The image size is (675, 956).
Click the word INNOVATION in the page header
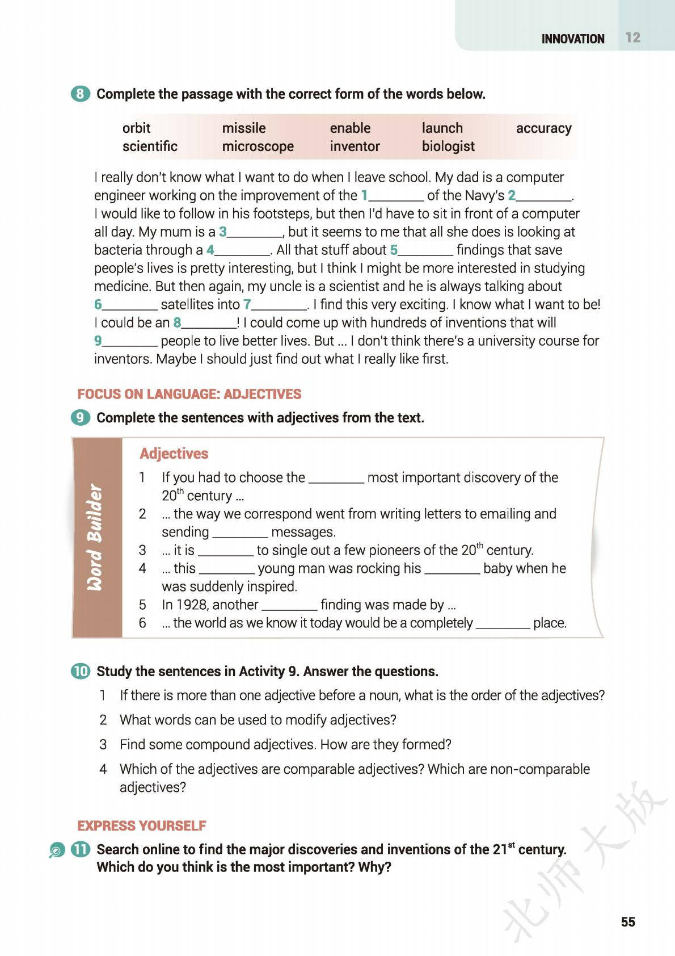[x=572, y=39]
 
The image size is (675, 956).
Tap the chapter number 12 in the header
[x=632, y=37]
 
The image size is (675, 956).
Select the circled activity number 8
[x=81, y=94]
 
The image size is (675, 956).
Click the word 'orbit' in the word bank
[x=136, y=128]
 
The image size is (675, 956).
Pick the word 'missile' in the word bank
[x=243, y=128]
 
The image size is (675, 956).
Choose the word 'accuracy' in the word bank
[x=543, y=128]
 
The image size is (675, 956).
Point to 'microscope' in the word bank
[x=258, y=146]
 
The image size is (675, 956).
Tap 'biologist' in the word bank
[x=448, y=146]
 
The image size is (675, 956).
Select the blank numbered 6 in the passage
[x=129, y=305]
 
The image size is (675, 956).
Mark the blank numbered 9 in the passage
[x=129, y=342]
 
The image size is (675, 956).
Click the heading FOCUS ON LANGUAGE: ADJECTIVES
[x=189, y=394]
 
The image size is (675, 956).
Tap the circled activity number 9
[x=81, y=418]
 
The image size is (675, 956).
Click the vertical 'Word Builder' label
[x=95, y=537]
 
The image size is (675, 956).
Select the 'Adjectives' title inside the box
[x=174, y=454]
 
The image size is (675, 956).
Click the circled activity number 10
[x=81, y=671]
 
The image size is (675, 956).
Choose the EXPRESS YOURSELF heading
[x=142, y=825]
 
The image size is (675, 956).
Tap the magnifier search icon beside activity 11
[x=57, y=851]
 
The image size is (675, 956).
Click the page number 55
[x=628, y=922]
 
